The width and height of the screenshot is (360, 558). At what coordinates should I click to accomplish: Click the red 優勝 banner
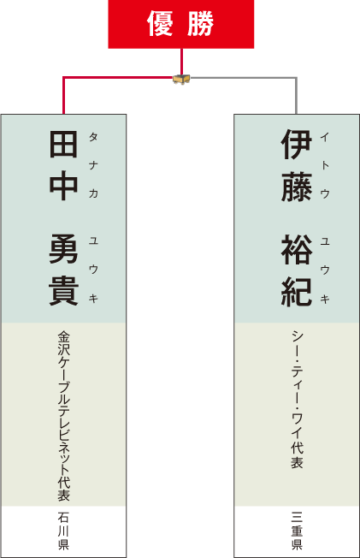pos(181,24)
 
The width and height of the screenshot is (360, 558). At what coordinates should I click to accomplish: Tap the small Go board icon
pos(181,79)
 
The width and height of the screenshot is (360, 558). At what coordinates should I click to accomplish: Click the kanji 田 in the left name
pos(63,144)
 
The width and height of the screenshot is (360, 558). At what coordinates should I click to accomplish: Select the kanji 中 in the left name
pos(63,185)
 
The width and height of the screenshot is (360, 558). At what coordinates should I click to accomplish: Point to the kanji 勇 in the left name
pos(63,249)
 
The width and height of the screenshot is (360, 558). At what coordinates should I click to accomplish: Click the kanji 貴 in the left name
pos(63,290)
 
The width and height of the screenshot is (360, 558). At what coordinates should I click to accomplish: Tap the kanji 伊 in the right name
pos(296,144)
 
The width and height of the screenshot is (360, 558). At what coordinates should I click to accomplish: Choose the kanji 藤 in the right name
pos(296,186)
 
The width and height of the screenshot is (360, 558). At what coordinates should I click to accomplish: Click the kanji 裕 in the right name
pos(296,249)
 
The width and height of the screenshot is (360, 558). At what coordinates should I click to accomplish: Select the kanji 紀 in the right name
pos(296,292)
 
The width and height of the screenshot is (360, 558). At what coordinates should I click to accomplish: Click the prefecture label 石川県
pos(63,531)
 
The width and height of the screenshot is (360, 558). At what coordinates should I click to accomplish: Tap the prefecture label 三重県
pos(297,531)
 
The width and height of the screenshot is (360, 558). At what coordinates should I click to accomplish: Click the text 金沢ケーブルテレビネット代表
pos(63,417)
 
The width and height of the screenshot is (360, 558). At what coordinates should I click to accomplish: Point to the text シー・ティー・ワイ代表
pos(297,400)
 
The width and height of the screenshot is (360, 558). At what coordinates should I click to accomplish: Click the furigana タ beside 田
pos(93,137)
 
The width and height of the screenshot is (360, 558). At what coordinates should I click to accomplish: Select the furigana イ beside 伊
pos(324,137)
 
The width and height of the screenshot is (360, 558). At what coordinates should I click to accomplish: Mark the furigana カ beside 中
pos(93,193)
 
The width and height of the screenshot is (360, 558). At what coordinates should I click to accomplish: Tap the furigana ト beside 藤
pos(325,165)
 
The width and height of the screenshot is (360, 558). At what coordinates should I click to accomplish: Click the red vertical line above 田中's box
pos(63,95)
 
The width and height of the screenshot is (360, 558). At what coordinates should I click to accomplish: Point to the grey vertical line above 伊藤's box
pos(296,95)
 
